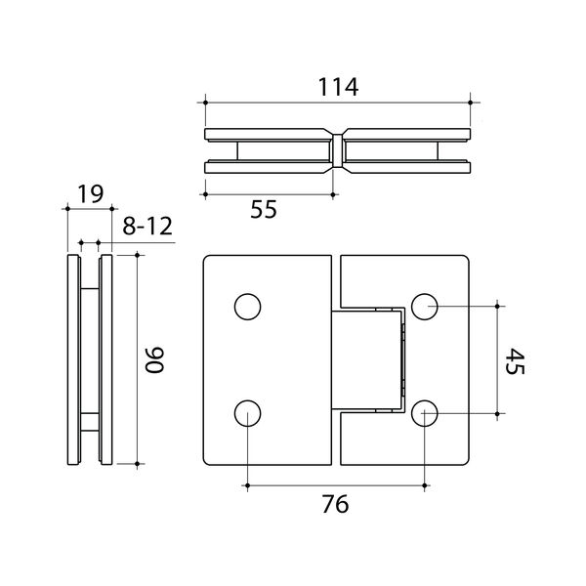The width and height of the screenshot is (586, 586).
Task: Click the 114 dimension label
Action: [x=338, y=87]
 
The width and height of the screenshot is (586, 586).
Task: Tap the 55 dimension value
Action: [x=264, y=209]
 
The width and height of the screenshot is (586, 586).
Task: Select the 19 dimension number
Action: [x=90, y=194]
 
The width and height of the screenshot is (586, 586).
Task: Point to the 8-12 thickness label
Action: [x=147, y=227]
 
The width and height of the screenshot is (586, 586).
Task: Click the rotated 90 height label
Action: [x=154, y=359]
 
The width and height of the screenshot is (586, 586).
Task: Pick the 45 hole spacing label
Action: [x=516, y=361]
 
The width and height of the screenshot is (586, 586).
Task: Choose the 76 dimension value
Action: [x=335, y=504]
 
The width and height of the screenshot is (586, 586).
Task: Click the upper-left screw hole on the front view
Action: [x=247, y=307]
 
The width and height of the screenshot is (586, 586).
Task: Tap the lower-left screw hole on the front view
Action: [x=247, y=413]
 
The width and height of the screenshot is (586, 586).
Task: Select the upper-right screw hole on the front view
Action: [x=425, y=307]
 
